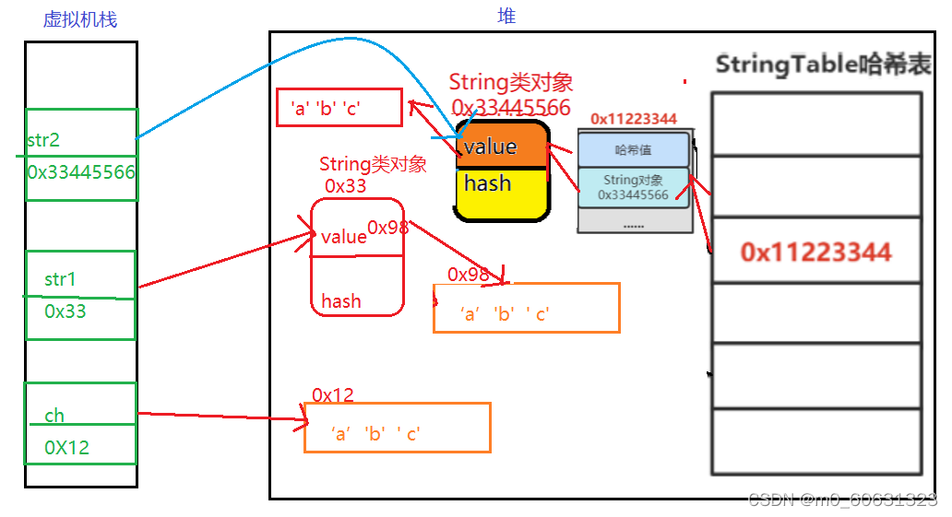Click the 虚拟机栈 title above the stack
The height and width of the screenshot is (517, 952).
click(80, 19)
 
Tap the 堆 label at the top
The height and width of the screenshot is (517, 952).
click(506, 16)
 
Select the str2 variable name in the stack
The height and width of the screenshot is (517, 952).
click(44, 140)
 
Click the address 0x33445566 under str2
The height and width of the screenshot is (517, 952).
click(81, 172)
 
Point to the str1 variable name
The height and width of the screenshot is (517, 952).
click(60, 279)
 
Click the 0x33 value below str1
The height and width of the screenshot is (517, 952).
click(65, 311)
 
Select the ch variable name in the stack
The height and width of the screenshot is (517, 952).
click(54, 416)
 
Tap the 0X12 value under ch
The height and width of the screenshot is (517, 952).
click(66, 448)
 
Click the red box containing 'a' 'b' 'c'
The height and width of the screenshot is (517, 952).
click(339, 108)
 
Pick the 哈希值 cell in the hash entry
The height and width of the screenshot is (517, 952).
click(633, 150)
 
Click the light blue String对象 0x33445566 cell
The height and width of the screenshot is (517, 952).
click(633, 187)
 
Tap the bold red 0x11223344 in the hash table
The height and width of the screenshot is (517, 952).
click(815, 253)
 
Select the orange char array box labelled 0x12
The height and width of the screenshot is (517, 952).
click(397, 428)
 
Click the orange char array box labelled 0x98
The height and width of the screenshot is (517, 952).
click(526, 308)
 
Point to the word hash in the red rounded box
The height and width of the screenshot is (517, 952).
click(341, 301)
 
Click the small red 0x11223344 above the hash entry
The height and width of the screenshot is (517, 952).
click(634, 119)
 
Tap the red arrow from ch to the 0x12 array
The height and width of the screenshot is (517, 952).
click(221, 417)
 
